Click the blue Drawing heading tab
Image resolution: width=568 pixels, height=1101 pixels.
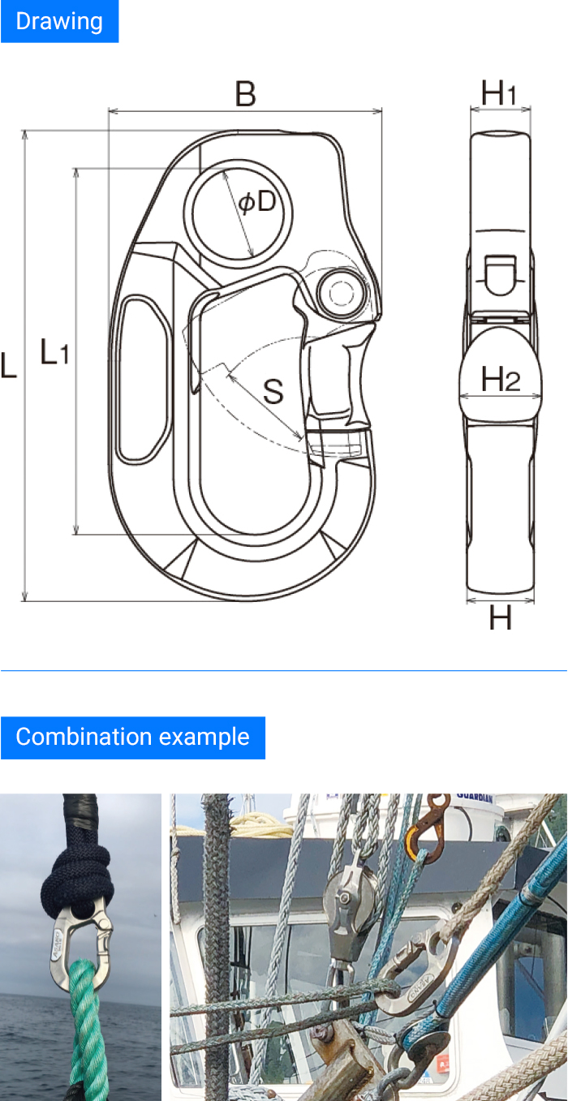[x=59, y=21]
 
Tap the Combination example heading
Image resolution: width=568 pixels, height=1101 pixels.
[x=132, y=738]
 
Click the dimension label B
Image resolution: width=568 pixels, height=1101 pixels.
[x=245, y=95]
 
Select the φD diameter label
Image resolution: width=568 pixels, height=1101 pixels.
[x=257, y=202]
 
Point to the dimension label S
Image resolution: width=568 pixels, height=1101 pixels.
[x=273, y=393]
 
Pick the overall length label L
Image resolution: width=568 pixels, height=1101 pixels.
[x=9, y=366]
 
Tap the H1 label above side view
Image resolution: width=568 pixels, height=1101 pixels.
[x=500, y=94]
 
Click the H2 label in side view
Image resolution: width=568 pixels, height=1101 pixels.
[x=501, y=379]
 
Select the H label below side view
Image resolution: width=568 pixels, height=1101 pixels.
[x=501, y=620]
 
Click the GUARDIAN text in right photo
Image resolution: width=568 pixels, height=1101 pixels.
[x=475, y=798]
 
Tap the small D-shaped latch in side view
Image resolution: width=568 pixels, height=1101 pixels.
[x=500, y=273]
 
